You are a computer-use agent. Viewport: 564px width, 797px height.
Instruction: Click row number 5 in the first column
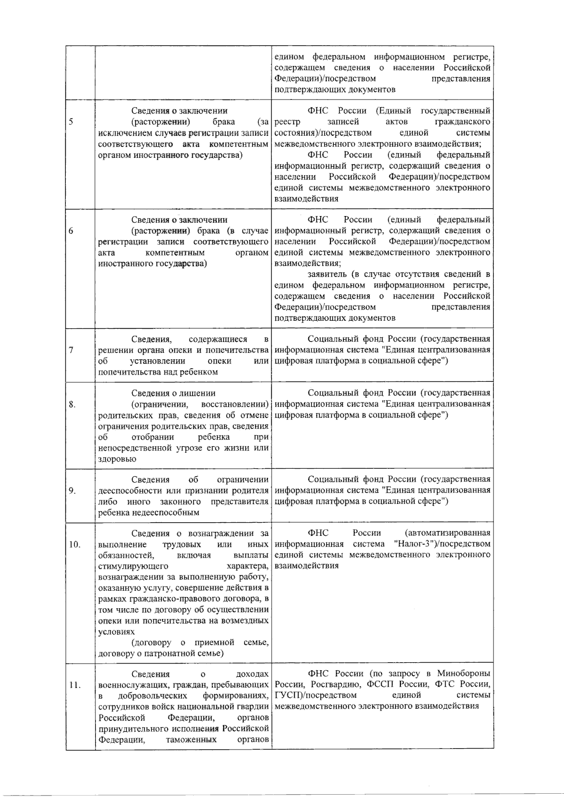tap(70, 122)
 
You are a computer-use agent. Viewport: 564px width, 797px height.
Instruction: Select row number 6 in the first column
tap(70, 231)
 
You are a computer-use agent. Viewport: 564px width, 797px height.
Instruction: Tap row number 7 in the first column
tap(70, 350)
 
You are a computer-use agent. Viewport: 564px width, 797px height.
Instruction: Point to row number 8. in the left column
tap(72, 404)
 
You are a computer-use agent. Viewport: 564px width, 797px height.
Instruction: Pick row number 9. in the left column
tap(72, 490)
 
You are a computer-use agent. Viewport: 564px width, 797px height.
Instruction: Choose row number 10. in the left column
tap(74, 544)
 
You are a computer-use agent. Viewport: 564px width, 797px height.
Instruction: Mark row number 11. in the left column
tap(74, 684)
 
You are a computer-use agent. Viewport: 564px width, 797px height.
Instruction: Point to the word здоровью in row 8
tap(117, 459)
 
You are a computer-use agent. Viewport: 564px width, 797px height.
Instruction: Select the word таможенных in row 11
tap(191, 739)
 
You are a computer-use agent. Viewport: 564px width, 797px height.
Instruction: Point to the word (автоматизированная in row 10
tap(447, 533)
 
